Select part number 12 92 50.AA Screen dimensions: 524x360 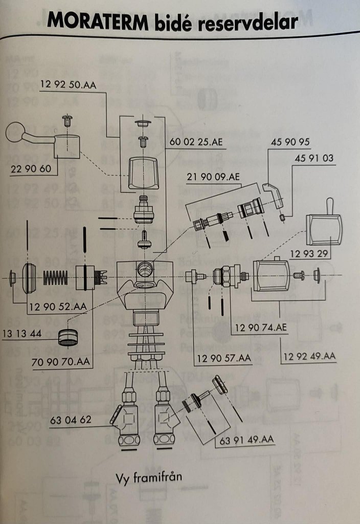[67, 86]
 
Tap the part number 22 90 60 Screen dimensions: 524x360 [31, 168]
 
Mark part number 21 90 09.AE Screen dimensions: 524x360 [213, 177]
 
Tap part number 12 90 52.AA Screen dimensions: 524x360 [58, 307]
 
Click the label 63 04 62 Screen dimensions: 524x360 [71, 421]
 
